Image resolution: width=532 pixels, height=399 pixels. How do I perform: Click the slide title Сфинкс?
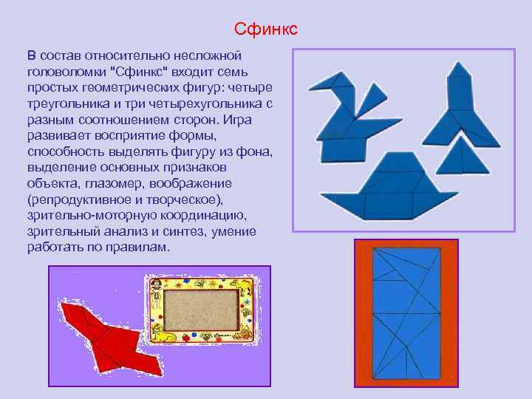(266, 29)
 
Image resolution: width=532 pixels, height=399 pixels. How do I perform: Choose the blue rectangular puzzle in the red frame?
(406, 313)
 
